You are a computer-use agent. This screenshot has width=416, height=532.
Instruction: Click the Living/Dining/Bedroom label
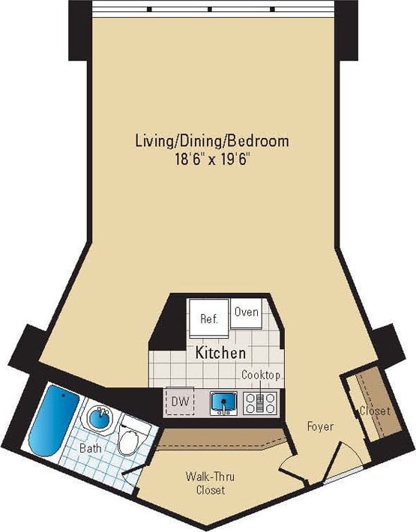pos(212,140)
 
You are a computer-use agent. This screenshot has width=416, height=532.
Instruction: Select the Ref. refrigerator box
pos(208,318)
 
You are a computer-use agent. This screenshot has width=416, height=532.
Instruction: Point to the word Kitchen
pos(221,352)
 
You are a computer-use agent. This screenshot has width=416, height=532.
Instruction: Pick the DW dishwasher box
pos(179,402)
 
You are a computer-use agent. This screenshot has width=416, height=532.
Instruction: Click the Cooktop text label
pos(261,375)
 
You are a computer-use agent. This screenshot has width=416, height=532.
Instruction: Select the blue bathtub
pos(49,420)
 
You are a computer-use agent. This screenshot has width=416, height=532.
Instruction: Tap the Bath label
pos(91,449)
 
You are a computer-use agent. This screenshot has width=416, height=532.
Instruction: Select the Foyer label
pos(320,426)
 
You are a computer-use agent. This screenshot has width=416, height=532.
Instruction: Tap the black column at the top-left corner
pos(79,30)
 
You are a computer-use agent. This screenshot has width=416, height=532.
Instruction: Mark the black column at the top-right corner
pos(346,30)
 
